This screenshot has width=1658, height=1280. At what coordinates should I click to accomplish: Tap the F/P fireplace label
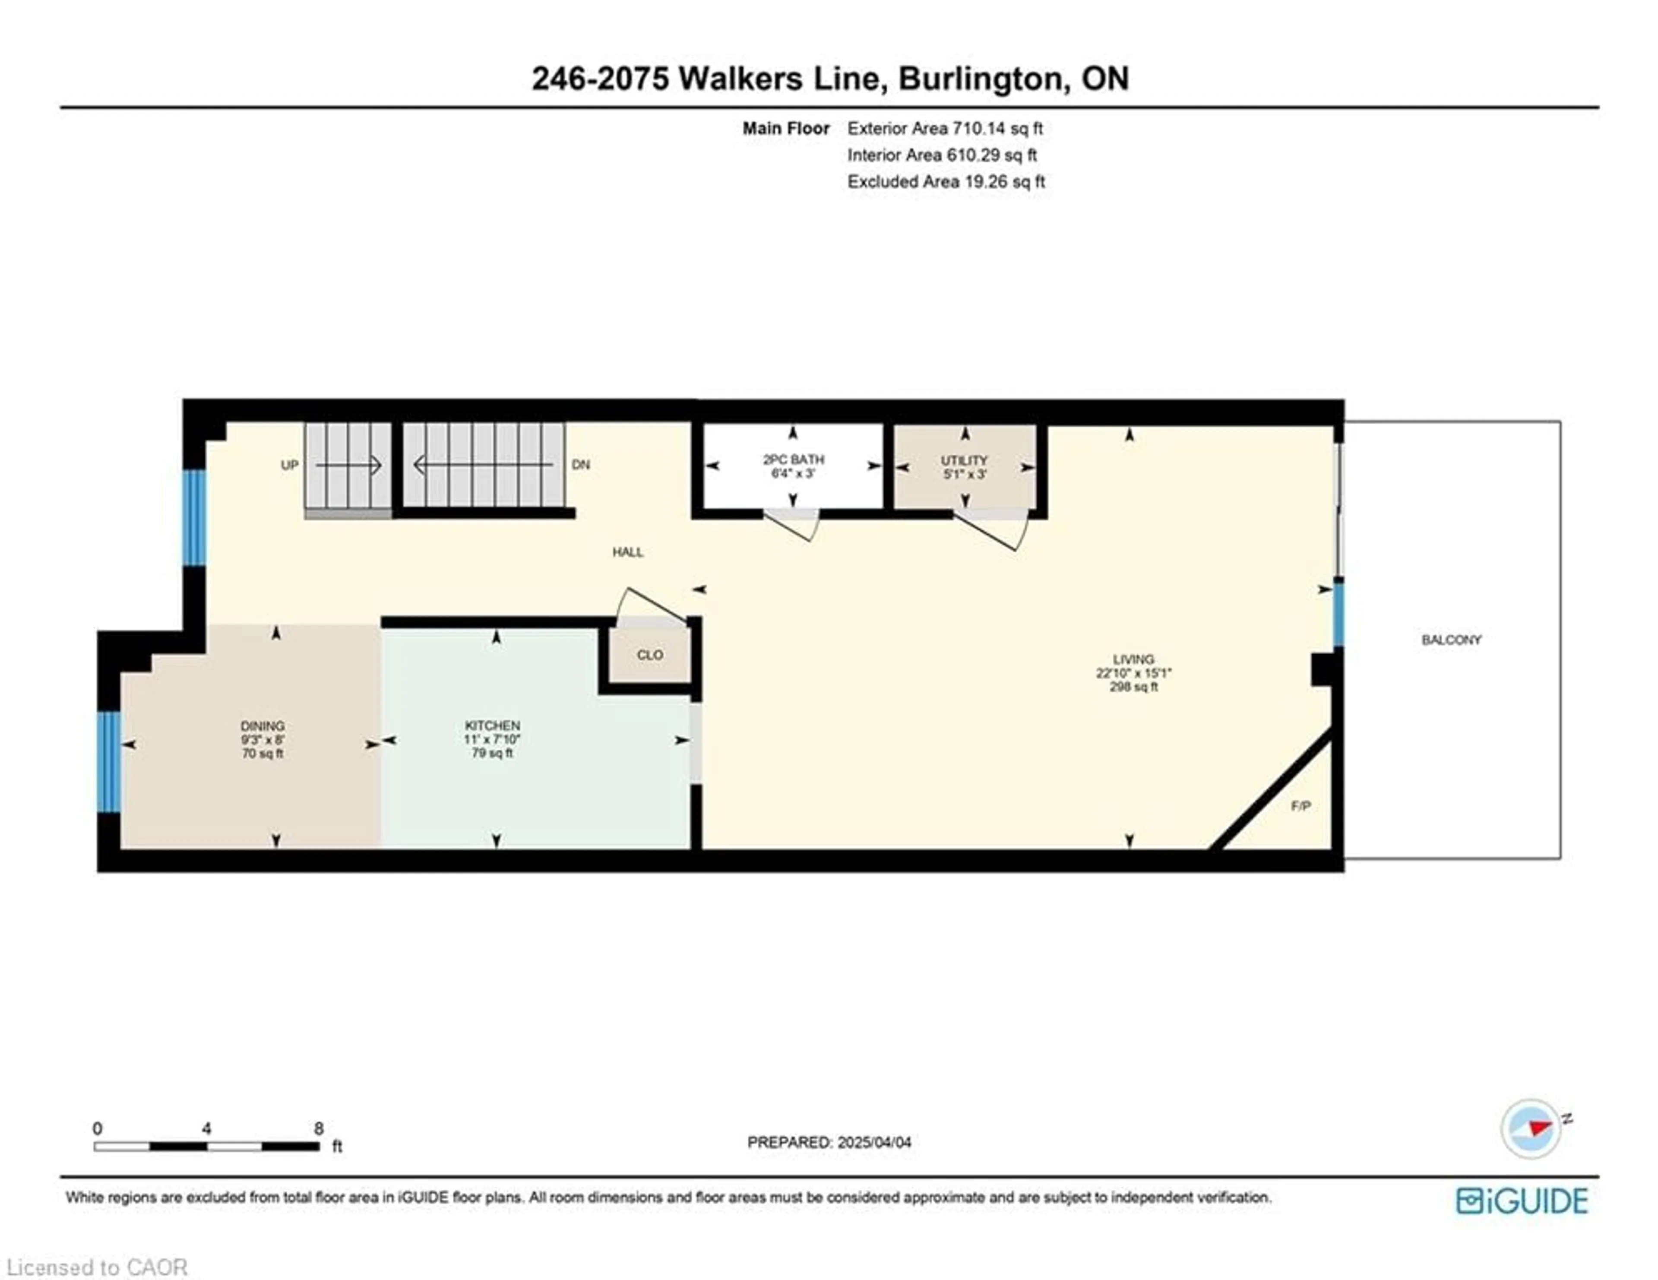coord(1300,805)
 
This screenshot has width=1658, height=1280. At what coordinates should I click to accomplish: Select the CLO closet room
coord(650,654)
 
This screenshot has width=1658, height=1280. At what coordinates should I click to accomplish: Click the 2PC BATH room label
coord(793,459)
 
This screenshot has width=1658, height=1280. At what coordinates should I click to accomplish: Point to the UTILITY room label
coord(964,460)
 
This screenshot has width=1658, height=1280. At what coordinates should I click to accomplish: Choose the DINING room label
coord(263,726)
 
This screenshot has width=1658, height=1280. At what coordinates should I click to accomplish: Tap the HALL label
coord(628,552)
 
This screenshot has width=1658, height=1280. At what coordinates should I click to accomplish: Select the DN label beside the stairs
coord(581,465)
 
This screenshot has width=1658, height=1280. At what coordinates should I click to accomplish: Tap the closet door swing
coord(649,607)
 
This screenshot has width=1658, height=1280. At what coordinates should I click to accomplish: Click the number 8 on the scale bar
coord(319,1128)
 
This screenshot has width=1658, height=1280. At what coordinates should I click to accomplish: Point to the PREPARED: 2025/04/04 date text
coord(829,1142)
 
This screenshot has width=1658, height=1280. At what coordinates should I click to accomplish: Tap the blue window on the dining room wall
coord(109,761)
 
